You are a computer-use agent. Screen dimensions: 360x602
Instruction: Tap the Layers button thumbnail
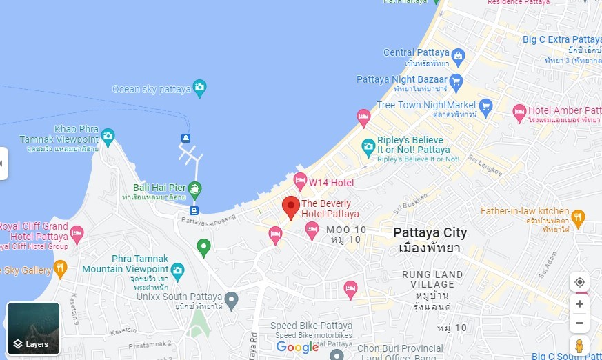[33, 328]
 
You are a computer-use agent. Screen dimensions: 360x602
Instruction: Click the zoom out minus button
[579, 323]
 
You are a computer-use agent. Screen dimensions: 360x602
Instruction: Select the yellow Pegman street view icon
[579, 345]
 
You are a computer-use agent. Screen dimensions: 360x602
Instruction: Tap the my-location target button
[579, 282]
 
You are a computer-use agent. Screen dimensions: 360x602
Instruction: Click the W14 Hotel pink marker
[300, 181]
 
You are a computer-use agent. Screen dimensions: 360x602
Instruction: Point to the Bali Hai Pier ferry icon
[194, 188]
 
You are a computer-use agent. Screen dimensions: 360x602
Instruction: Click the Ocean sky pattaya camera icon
[199, 88]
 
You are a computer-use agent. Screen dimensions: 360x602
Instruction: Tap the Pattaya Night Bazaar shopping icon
[456, 80]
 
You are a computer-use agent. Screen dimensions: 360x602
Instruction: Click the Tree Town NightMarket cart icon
[486, 106]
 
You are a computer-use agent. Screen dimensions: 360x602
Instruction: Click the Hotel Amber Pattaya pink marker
[520, 110]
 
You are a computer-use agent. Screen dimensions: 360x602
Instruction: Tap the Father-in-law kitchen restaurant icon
[578, 217]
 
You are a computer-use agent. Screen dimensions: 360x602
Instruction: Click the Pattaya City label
[430, 232]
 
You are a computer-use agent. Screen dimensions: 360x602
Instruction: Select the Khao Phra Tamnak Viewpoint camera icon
[108, 134]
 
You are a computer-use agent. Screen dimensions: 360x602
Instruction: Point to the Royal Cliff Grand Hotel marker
[77, 234]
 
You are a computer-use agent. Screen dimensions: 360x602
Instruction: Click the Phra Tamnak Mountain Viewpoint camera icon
[178, 269]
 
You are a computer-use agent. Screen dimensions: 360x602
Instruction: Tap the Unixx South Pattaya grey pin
[232, 299]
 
